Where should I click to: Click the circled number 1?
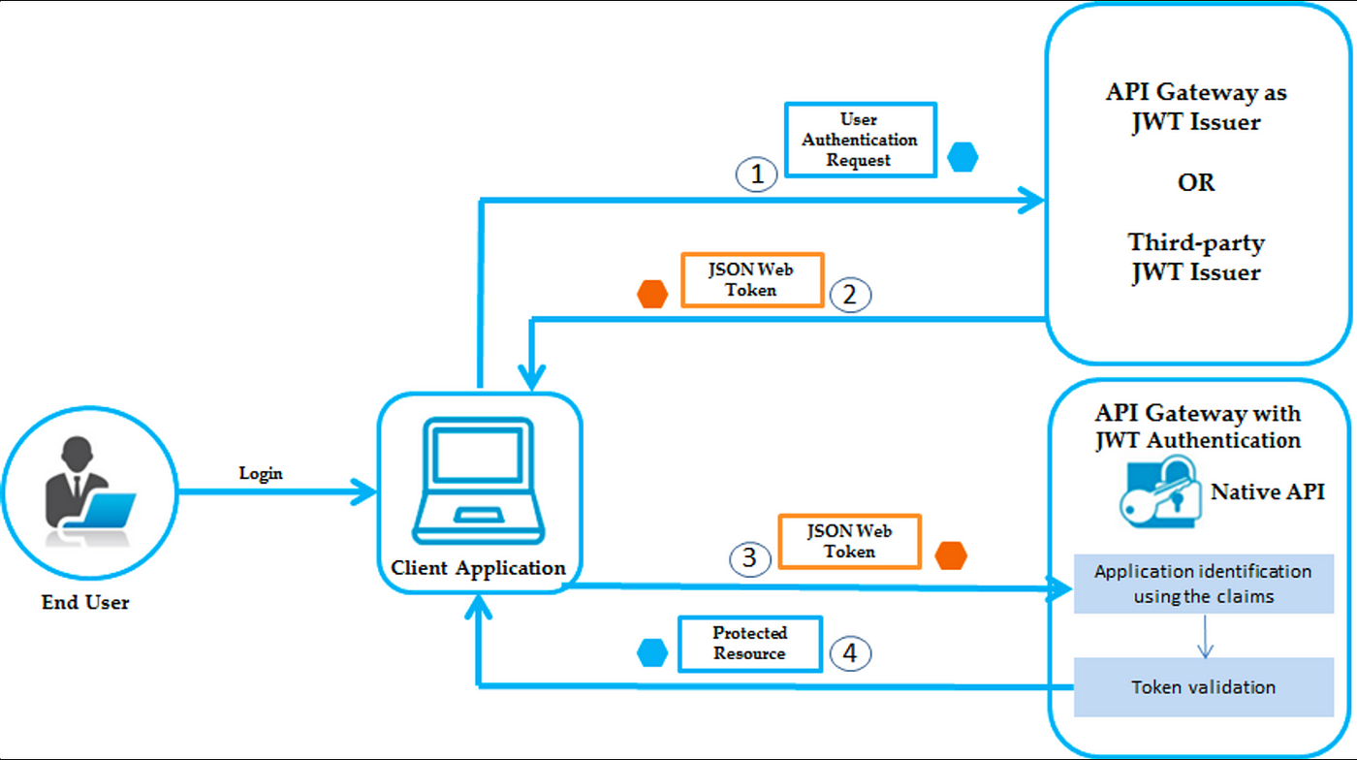coord(757,174)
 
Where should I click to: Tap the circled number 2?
coord(850,295)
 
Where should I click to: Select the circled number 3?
coord(750,558)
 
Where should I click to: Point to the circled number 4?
coord(850,653)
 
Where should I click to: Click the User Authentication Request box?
coord(861,140)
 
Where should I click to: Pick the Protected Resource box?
coord(750,644)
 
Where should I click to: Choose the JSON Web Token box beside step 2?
coord(752,280)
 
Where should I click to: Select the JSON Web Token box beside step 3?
coord(849,542)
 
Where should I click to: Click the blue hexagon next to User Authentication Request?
coord(963,157)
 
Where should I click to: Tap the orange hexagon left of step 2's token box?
coord(652,294)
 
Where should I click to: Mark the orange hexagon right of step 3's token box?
coord(951,555)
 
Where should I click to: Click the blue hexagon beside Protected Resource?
coord(652,652)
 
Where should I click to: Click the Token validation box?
coord(1204,687)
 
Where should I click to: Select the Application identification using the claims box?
coord(1204,584)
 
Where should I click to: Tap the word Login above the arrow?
coord(261,473)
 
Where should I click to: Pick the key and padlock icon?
coord(1159,492)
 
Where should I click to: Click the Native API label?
coord(1268,491)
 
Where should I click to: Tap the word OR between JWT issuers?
coord(1196,182)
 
